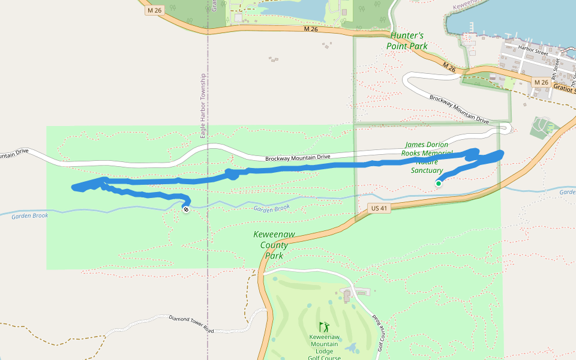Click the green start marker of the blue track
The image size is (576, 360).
click(439, 184)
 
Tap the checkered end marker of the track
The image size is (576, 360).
click(186, 209)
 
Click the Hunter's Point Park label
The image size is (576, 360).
click(409, 40)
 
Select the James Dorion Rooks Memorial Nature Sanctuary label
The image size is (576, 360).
click(428, 157)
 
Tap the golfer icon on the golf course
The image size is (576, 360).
click(325, 327)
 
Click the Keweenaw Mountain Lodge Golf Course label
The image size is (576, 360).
click(325, 347)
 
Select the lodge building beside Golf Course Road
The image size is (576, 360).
click(347, 295)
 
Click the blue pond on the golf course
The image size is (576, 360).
click(352, 347)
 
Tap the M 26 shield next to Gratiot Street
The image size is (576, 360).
click(541, 82)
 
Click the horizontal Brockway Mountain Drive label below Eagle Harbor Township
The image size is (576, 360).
click(298, 158)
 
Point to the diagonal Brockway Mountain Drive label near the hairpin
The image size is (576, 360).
click(459, 109)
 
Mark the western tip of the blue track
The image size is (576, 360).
click(73, 188)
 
